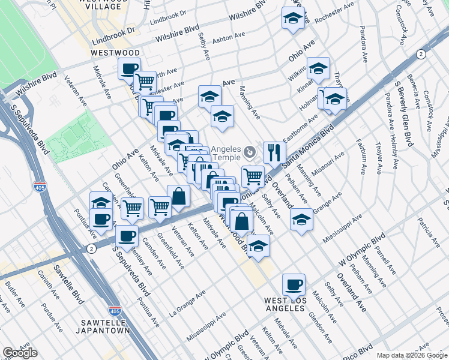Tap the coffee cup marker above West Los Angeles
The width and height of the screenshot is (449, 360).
[294, 284]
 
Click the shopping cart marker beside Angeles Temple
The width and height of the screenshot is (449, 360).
[253, 176]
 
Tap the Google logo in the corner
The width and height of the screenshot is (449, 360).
[20, 353]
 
